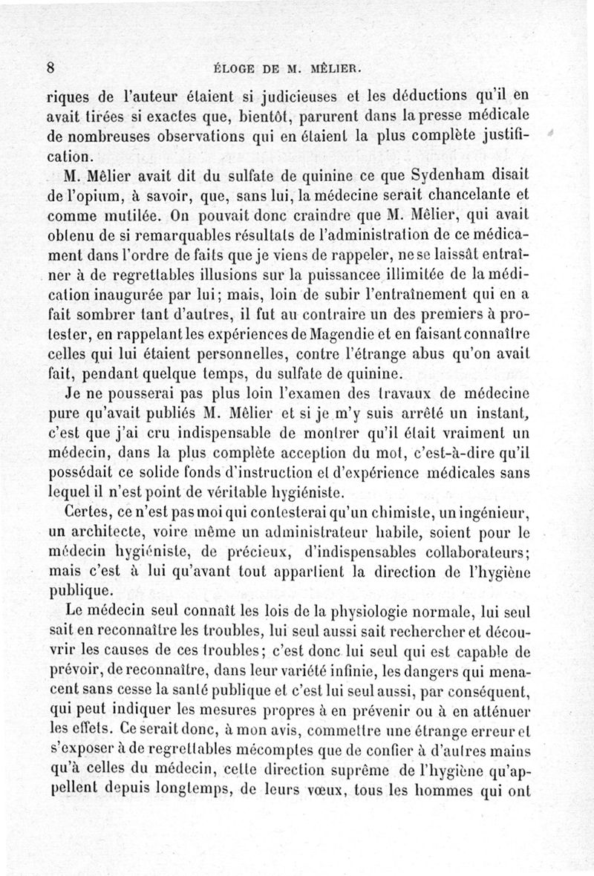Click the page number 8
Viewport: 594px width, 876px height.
[50, 66]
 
